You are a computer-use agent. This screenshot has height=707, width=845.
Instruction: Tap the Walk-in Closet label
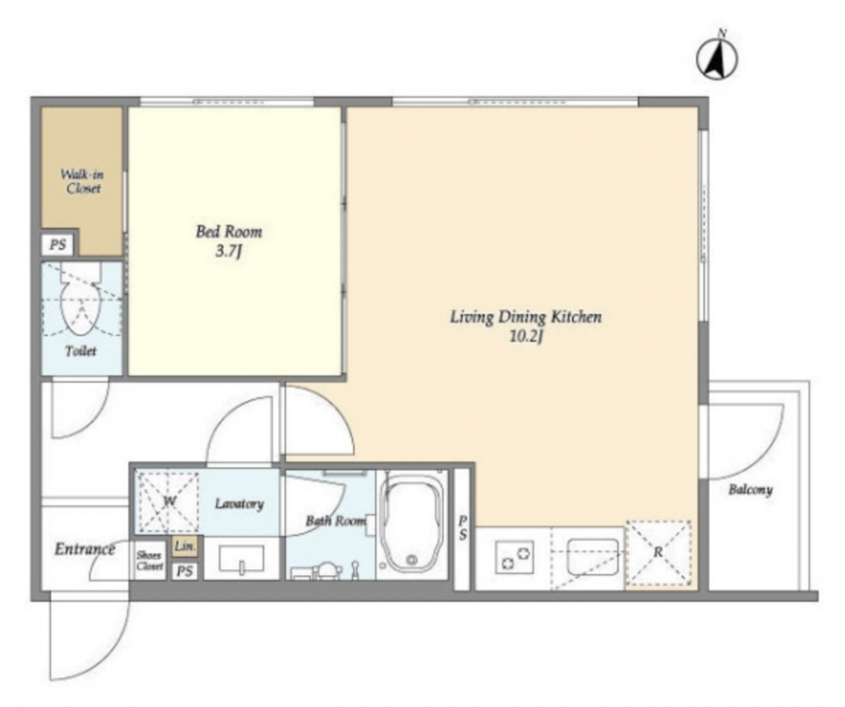(x=82, y=181)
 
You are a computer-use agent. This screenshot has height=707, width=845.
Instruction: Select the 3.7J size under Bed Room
(x=227, y=251)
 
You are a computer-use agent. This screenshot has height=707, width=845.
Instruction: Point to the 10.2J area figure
(x=525, y=337)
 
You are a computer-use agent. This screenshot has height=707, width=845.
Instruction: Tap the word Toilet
(x=81, y=351)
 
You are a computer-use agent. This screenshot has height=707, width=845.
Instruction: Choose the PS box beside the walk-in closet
(x=58, y=245)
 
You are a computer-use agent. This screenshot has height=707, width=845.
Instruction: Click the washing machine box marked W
(x=167, y=501)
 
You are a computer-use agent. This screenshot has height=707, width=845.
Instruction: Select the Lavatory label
(x=239, y=504)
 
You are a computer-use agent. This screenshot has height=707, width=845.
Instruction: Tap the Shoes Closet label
(x=150, y=561)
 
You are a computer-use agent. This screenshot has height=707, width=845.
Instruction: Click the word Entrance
(x=84, y=549)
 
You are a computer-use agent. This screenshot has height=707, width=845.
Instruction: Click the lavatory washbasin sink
(x=242, y=558)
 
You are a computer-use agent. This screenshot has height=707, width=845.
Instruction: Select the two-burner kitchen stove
(x=515, y=558)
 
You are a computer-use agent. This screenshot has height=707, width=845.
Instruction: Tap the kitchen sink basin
(x=592, y=556)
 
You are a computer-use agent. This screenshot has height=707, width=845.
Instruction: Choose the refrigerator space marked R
(x=658, y=553)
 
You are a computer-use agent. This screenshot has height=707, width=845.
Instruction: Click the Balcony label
(x=750, y=490)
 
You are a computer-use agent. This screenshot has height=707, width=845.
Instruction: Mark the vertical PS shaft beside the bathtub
(x=462, y=528)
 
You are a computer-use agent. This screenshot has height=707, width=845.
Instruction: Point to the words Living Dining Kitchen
(x=525, y=317)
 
